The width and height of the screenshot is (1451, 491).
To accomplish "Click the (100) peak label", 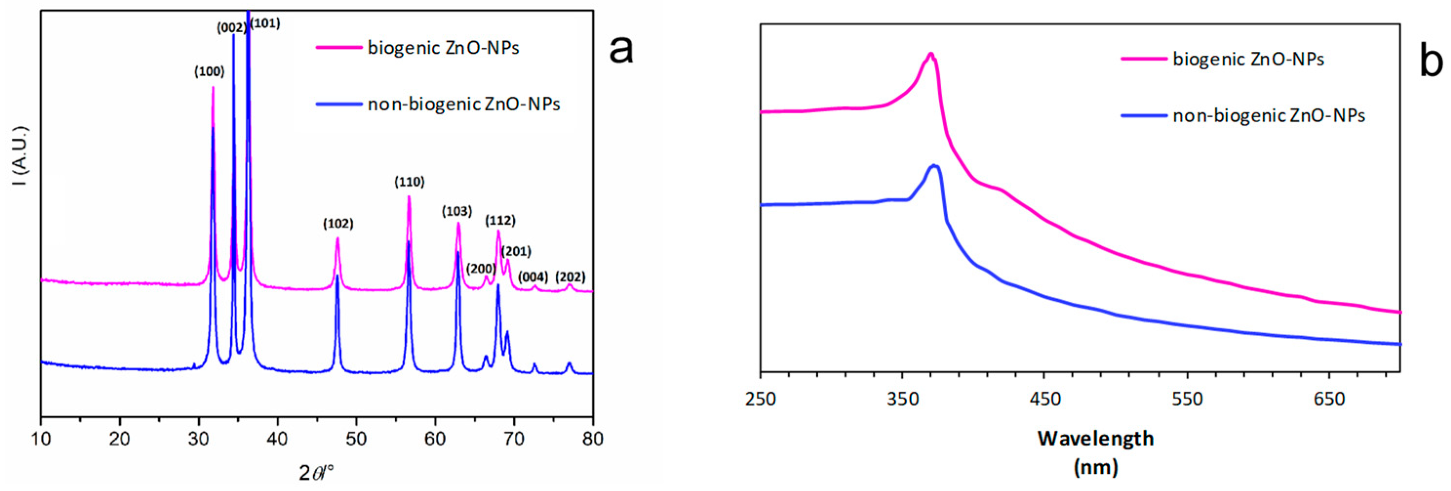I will coord(210,72).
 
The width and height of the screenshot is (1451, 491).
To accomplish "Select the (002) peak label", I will coord(232,28).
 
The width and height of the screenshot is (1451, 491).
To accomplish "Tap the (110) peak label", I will coord(410,182).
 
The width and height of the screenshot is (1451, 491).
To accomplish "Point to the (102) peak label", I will coord(338,224).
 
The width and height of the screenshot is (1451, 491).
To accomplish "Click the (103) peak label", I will coord(456,211).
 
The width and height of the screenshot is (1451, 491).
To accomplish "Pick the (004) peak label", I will coord(533,277).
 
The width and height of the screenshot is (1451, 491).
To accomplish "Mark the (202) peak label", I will coord(570,277).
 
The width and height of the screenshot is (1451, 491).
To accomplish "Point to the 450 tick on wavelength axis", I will coord(1044,399).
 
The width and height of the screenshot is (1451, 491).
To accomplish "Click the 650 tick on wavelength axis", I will coord(1329,399).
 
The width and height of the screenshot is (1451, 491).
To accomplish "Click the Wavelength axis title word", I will coord(1096,439).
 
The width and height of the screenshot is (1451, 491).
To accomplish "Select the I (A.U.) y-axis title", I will coord(20,164).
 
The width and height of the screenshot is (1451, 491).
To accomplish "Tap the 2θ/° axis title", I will coord(316,472).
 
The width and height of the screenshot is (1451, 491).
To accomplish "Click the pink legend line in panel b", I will coord(1144,58).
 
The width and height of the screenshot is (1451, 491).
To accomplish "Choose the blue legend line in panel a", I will coord(338,104).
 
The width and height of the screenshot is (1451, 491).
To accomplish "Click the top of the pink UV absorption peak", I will coord(931,54).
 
